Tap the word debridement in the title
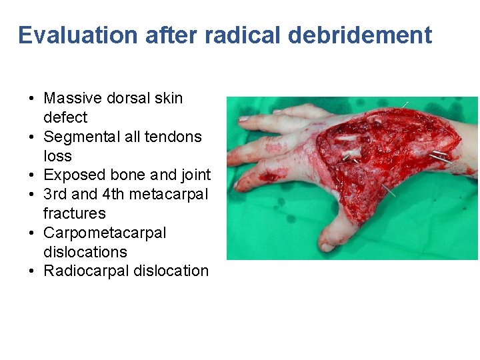(x=360, y=35)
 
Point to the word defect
(x=65, y=117)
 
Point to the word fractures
(x=75, y=213)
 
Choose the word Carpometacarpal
(x=105, y=233)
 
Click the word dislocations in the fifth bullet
(x=85, y=252)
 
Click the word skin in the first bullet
(x=168, y=98)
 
